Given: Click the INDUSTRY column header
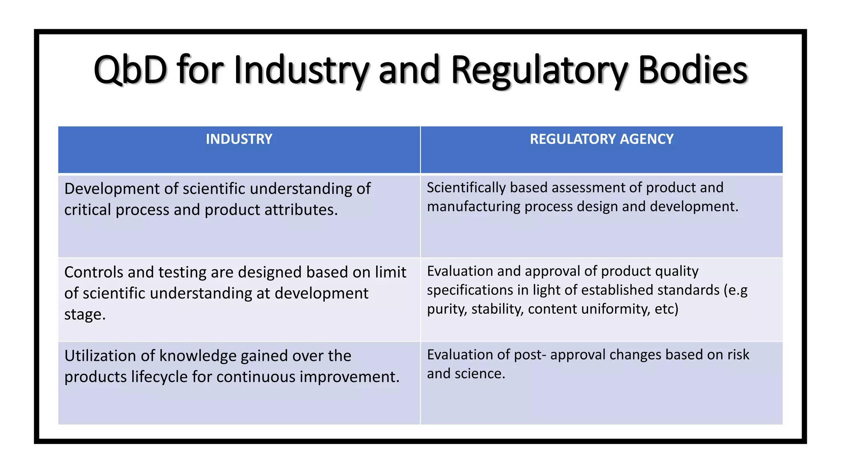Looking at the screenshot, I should pyautogui.click(x=239, y=139).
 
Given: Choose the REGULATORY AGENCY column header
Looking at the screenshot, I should pyautogui.click(x=602, y=139).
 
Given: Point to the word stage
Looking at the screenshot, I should pyautogui.click(x=85, y=315).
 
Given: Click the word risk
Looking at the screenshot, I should pyautogui.click(x=738, y=355).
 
